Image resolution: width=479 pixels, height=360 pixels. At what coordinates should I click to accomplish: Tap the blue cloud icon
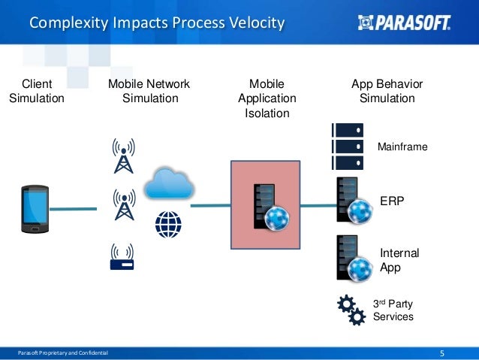click(x=168, y=183)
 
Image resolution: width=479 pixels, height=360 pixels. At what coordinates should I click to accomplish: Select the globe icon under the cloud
click(x=168, y=224)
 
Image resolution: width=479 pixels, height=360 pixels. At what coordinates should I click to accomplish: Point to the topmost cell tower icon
click(x=122, y=153)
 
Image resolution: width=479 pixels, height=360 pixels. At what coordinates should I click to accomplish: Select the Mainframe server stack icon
click(x=347, y=146)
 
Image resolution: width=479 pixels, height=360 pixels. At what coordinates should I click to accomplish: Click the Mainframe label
click(x=402, y=147)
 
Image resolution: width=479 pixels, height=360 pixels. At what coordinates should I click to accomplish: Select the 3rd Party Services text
click(x=393, y=310)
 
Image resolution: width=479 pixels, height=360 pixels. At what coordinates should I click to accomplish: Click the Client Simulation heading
click(x=37, y=91)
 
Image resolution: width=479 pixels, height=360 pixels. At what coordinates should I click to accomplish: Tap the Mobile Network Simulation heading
click(x=149, y=91)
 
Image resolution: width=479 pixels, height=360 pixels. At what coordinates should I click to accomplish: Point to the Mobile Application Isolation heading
click(x=267, y=98)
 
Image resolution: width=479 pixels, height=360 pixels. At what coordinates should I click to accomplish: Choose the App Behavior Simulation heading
click(x=387, y=91)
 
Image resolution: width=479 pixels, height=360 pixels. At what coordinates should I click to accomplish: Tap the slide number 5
click(x=442, y=353)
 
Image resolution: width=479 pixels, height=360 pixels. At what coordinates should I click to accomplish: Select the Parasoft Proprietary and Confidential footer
click(x=63, y=353)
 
